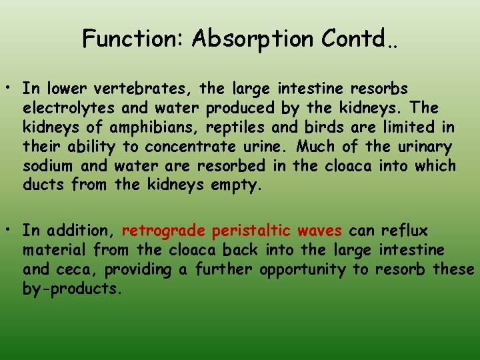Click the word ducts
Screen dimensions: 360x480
(x=43, y=185)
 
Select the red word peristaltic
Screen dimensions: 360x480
(x=251, y=231)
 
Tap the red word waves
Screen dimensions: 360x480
(x=319, y=231)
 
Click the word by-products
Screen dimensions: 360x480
(x=72, y=289)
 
